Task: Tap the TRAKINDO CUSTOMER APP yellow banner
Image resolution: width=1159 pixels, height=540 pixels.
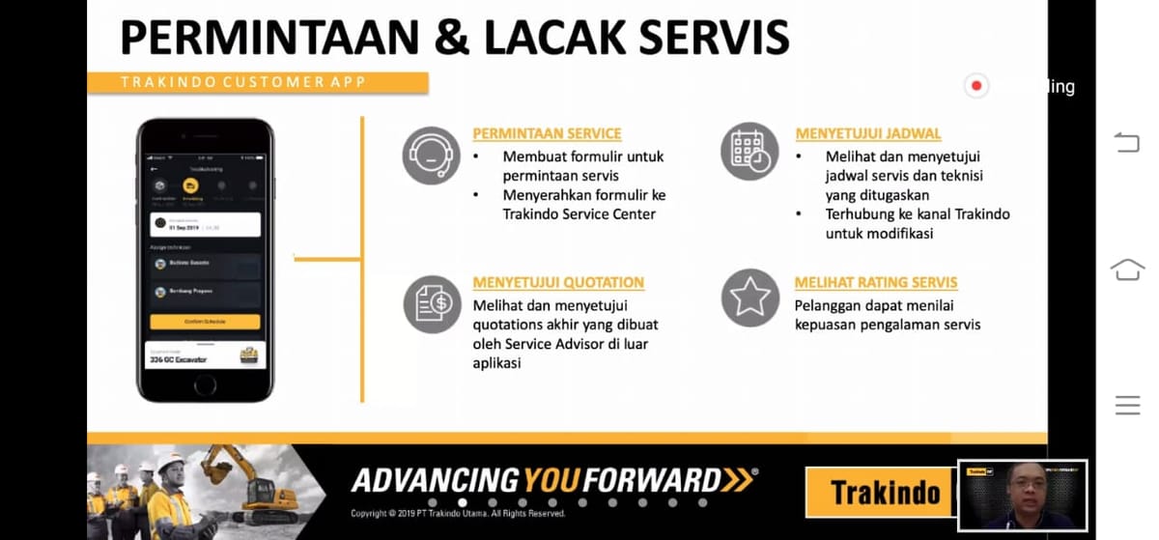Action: (258, 83)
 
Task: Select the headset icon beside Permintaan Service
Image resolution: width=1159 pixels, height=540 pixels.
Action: (431, 155)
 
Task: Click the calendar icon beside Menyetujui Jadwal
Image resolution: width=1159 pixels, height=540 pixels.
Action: (749, 154)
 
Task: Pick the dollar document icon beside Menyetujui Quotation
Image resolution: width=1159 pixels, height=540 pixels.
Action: (432, 303)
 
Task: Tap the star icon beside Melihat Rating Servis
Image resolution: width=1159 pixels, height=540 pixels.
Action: (749, 298)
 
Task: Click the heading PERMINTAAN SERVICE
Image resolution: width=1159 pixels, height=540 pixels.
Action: (547, 134)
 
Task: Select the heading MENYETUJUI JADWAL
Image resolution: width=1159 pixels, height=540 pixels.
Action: (867, 134)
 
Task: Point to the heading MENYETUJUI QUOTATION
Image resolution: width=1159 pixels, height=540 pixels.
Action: (558, 283)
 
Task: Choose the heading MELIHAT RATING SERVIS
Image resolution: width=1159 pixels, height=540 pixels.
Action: (876, 283)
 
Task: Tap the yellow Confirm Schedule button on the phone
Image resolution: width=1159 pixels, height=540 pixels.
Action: (205, 322)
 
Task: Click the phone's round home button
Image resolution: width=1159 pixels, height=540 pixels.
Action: (205, 384)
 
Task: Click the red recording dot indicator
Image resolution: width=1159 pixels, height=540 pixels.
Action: (976, 86)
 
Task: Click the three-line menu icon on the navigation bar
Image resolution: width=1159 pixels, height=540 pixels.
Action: (1127, 406)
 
